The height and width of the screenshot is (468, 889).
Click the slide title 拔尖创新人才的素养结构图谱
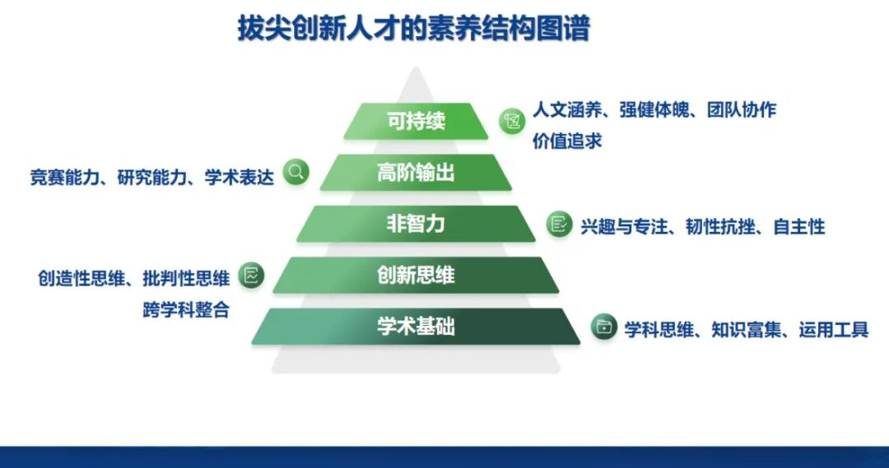(414, 28)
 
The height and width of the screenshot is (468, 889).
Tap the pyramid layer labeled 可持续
(416, 121)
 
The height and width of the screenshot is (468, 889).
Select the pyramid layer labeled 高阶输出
(416, 172)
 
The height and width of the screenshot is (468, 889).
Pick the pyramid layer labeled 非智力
(416, 224)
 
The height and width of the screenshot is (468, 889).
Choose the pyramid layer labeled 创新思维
(416, 276)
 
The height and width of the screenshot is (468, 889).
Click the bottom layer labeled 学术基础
(416, 327)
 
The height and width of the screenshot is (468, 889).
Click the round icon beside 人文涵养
(512, 121)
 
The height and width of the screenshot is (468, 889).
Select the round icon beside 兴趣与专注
(559, 225)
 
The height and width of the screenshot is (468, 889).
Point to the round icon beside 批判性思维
(251, 276)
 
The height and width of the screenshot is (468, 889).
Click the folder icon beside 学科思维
(604, 327)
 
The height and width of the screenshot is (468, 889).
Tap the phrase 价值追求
(567, 141)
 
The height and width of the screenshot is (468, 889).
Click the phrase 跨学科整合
(186, 310)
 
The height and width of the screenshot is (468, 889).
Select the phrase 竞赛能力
(65, 178)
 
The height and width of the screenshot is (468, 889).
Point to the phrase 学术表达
(240, 178)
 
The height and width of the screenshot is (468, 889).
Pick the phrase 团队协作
(742, 110)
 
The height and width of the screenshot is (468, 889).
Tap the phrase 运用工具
(833, 329)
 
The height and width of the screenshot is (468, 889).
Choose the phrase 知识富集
(746, 329)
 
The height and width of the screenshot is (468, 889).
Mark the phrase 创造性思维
(81, 278)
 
